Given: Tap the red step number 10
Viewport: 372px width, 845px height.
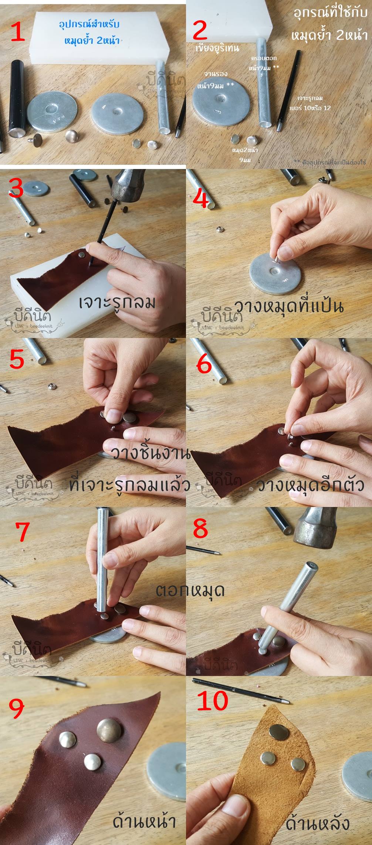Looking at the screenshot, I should [x=212, y=700].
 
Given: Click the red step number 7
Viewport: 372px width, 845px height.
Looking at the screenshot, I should [x=22, y=531].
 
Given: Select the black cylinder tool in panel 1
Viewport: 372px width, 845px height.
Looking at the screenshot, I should [x=17, y=98].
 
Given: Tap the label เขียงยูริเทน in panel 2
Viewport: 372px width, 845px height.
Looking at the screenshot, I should [x=217, y=48].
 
